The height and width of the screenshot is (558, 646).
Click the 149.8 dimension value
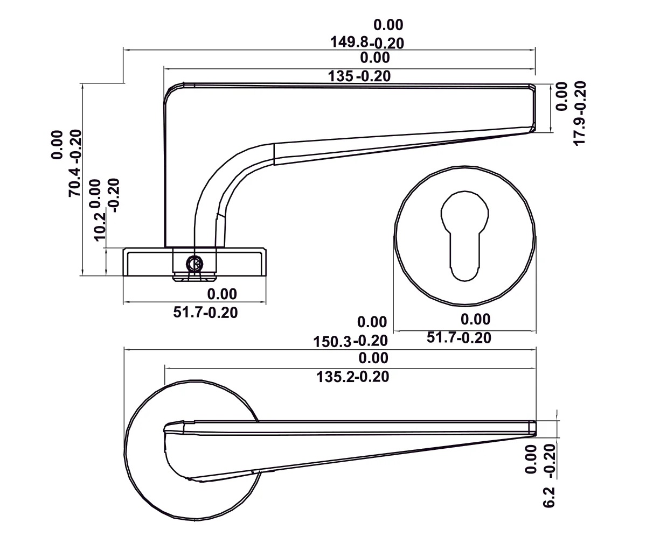pyautogui.click(x=350, y=43)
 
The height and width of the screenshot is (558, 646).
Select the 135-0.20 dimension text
pyautogui.click(x=359, y=76)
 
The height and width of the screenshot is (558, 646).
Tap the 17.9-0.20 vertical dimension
pyautogui.click(x=579, y=113)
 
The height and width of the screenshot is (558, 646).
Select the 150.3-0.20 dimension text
pyautogui.click(x=350, y=341)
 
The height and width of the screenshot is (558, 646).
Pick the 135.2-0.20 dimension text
pyautogui.click(x=353, y=377)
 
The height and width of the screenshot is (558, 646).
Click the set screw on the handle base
pyautogui.click(x=195, y=264)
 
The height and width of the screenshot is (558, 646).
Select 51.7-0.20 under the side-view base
pyautogui.click(x=205, y=312)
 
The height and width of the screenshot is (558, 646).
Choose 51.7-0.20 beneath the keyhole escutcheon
pyautogui.click(x=459, y=338)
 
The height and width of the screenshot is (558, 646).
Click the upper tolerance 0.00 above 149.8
pyautogui.click(x=388, y=25)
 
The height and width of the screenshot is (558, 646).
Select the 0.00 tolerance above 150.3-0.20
pyautogui.click(x=372, y=322)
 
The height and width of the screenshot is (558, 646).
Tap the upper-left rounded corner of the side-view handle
pyautogui.click(x=171, y=91)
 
